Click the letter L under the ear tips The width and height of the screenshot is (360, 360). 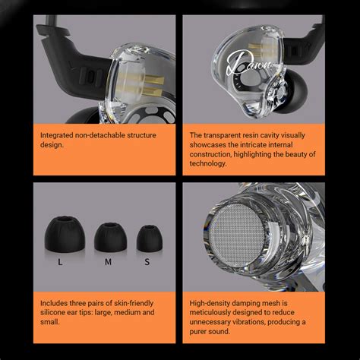click(61, 263)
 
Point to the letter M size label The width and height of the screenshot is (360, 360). click(108, 263)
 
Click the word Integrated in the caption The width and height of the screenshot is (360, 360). click(62, 134)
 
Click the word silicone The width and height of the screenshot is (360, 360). click(58, 311)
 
